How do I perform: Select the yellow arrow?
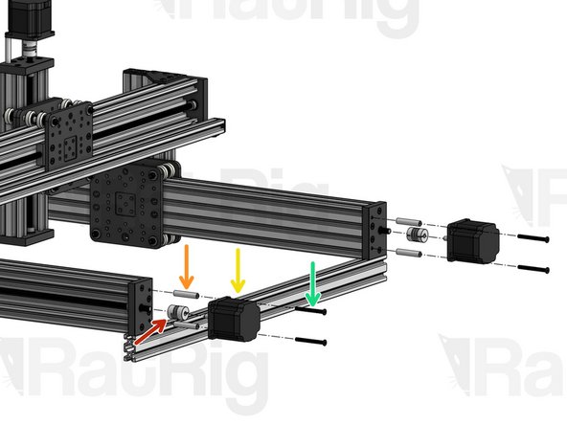[x=238, y=271]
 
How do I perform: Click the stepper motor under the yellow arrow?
[x=235, y=319]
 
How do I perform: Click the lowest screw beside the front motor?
[x=311, y=342]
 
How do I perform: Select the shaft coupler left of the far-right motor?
[x=416, y=235]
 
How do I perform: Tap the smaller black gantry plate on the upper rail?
[x=68, y=131]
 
